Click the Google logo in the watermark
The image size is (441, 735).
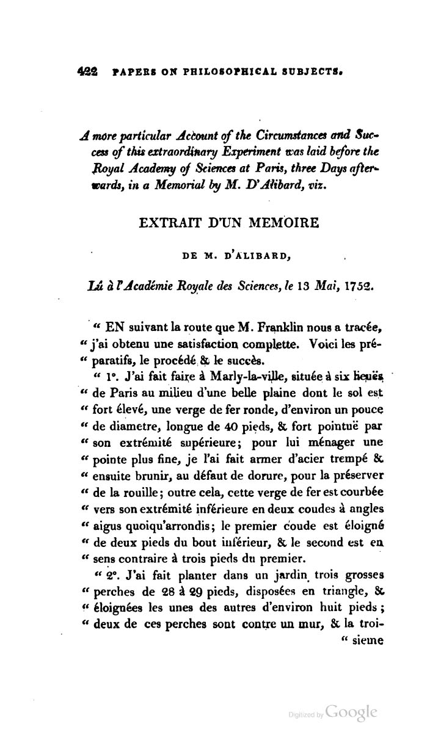pyautogui.click(x=351, y=711)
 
